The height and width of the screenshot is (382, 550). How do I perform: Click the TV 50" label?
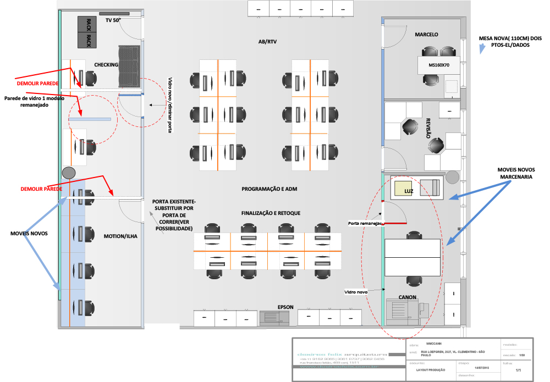click(113, 20)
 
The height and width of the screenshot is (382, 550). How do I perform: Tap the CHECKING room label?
click(106, 65)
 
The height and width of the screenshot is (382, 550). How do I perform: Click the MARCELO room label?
click(426, 35)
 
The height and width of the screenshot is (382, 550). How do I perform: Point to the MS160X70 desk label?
click(438, 65)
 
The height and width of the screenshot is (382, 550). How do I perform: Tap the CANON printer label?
click(407, 297)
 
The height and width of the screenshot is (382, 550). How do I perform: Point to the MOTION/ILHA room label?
click(120, 237)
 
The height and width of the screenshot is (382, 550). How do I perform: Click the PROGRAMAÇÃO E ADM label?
click(269, 189)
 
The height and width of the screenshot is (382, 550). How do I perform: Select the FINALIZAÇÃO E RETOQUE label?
click(271, 213)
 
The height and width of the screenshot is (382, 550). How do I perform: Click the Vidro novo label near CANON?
click(356, 292)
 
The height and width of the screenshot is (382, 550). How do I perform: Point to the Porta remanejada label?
click(365, 224)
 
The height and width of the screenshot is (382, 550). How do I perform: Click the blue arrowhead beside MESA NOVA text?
click(482, 49)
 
